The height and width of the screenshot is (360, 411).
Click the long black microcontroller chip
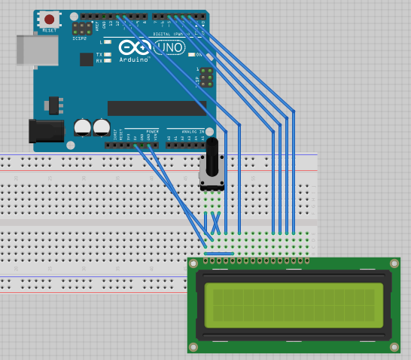(156, 108)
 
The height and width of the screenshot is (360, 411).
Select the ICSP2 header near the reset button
(82, 29)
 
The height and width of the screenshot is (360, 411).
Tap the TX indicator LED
(108, 55)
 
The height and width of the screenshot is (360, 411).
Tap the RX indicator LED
(108, 61)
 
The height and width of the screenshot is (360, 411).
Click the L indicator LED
(108, 42)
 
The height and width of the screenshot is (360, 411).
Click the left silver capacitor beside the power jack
(83, 127)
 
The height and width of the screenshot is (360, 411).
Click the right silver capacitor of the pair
(102, 127)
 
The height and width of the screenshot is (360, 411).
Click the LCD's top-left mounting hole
(193, 264)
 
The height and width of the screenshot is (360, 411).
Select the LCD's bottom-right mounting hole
(394, 347)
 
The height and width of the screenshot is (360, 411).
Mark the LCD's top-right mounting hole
(394, 264)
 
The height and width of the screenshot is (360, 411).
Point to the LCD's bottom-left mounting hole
(193, 347)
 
